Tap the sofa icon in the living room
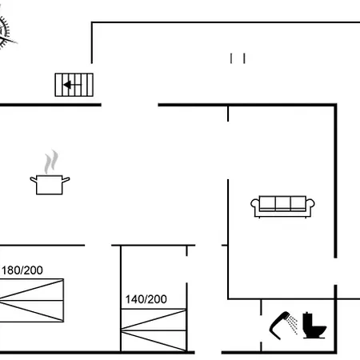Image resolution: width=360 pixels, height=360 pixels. [x=282, y=206]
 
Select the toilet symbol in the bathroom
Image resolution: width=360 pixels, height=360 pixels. [x=314, y=326]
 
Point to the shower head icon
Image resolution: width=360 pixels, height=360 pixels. [x=280, y=324]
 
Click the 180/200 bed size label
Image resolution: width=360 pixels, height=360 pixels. [x=22, y=270]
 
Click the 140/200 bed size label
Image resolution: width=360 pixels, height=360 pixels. [x=146, y=299]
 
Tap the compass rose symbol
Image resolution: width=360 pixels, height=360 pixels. [x=5, y=30]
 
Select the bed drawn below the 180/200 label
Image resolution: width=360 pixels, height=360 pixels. [x=31, y=301]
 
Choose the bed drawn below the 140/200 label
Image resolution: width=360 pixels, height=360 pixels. [x=154, y=330]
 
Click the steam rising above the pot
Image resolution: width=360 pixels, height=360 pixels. [x=51, y=162]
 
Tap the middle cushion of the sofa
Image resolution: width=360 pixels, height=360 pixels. [x=282, y=202]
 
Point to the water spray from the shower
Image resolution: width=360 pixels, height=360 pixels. [x=294, y=325]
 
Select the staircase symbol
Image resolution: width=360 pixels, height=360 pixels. [x=74, y=85]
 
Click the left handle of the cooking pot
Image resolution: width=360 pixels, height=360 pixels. [x=34, y=179]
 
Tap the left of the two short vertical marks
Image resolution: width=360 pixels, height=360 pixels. [x=231, y=58]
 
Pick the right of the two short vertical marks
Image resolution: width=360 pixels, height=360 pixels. [x=244, y=58]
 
